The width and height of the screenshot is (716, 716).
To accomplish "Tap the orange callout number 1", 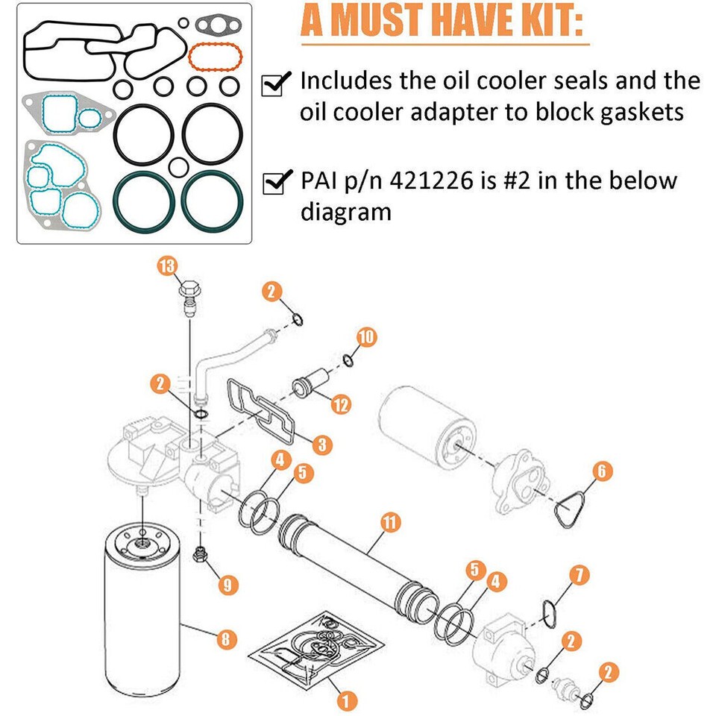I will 346,700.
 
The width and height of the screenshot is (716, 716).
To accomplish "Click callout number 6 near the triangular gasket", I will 603,471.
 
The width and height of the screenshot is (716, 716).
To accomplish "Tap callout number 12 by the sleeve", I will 341,405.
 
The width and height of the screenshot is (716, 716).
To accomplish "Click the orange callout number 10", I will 366,337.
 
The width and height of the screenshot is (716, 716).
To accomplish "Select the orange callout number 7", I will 580,574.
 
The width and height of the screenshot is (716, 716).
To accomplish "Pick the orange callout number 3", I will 321,445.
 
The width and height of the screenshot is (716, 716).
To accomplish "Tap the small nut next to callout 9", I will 199,553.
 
